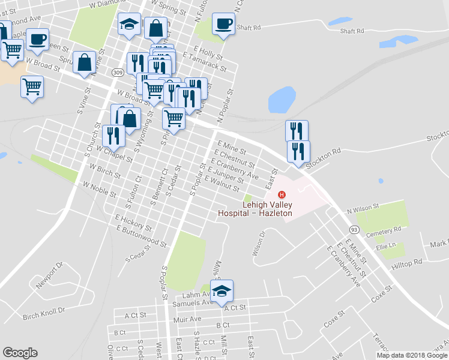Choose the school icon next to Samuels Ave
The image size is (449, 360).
222,291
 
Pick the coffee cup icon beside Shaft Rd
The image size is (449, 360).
223,25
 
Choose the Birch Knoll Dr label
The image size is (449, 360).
43,313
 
